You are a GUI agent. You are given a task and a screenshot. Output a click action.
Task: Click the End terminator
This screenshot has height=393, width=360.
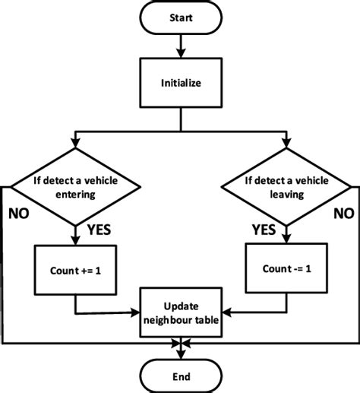181,376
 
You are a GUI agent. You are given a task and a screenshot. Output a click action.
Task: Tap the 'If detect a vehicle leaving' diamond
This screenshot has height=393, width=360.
286,186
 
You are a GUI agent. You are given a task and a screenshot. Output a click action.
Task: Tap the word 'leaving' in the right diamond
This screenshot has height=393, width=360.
286,194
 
